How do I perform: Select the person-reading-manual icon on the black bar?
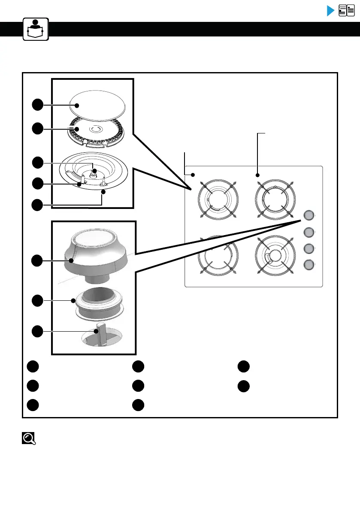tap(36, 29)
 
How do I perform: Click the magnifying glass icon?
tap(29, 438)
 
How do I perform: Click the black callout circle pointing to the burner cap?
tap(38, 104)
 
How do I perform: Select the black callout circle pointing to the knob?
tap(38, 260)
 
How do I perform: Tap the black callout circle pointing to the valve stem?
tap(38, 331)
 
